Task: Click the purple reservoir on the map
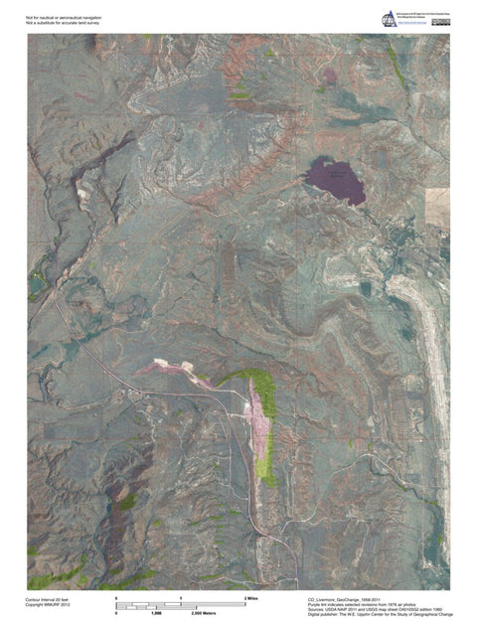(335, 179)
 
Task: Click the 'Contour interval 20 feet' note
(49, 600)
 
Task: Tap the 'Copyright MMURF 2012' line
(49, 606)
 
